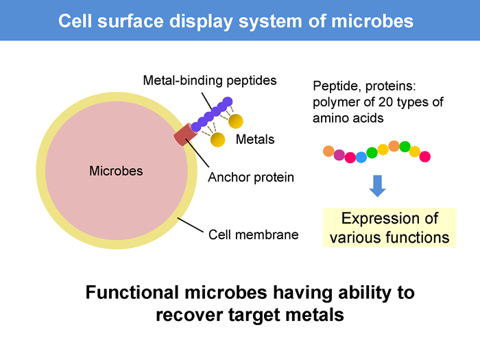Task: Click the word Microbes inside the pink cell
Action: click(x=116, y=171)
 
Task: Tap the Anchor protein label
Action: click(x=251, y=177)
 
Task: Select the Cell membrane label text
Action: click(x=254, y=235)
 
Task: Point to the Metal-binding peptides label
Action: click(x=210, y=80)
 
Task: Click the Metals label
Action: click(x=255, y=140)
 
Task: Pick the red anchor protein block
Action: click(x=186, y=134)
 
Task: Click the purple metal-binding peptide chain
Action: click(x=212, y=115)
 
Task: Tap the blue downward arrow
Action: click(x=377, y=186)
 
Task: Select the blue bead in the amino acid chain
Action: click(x=361, y=157)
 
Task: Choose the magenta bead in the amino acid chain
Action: click(x=339, y=155)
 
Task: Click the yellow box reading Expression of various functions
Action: click(x=389, y=228)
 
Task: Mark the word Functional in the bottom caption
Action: click(x=132, y=292)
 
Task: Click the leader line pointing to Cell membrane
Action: click(x=191, y=225)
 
